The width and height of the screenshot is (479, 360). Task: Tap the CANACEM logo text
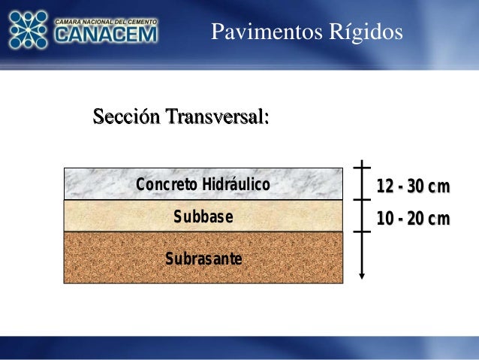(x=106, y=35)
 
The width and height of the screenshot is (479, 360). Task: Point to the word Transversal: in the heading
(x=217, y=118)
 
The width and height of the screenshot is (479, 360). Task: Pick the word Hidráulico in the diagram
(x=235, y=185)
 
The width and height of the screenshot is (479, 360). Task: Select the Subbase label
(x=203, y=217)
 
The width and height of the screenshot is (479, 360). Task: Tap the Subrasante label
(x=203, y=259)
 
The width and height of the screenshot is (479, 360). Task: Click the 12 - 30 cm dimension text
(x=413, y=186)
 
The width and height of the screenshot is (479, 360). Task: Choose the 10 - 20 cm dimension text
(x=413, y=219)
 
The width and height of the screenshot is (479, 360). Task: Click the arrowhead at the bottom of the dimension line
(x=362, y=276)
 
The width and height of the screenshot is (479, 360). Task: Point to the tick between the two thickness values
(x=362, y=200)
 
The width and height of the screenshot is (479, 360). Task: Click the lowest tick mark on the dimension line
(x=362, y=231)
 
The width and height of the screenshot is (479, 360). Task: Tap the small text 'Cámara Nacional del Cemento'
(x=106, y=21)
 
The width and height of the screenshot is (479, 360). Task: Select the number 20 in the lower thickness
(x=417, y=219)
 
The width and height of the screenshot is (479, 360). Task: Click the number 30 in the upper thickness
(x=417, y=186)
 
